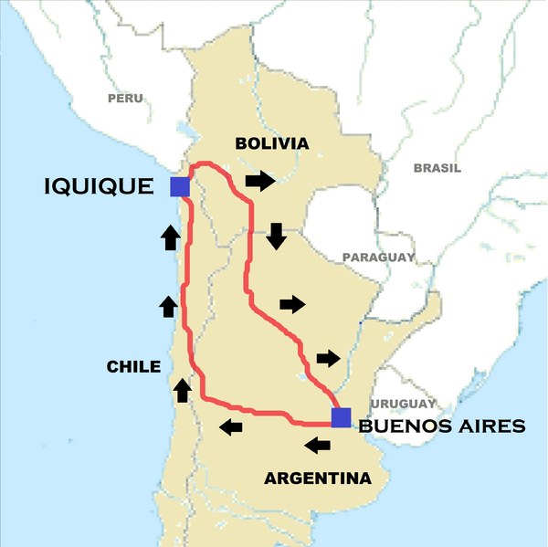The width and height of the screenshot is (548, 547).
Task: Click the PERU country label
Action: coord(125,98)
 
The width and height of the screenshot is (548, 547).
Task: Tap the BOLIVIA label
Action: coord(272,143)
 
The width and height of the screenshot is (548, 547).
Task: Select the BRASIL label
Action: coord(437,168)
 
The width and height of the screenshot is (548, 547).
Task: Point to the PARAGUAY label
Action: coord(378,258)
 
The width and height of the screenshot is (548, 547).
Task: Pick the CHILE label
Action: coord(133,367)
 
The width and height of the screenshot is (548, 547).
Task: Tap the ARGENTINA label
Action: coord(318,478)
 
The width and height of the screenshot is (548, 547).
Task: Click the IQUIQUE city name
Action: coord(100,187)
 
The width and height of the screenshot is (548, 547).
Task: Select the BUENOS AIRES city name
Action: coord(442,426)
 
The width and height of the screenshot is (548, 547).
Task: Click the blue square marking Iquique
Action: coord(179,186)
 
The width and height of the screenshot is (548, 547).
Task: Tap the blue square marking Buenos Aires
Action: coord(341,417)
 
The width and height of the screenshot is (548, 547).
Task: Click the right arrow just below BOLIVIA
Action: coord(260,181)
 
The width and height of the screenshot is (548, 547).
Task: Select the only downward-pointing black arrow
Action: coord(276,237)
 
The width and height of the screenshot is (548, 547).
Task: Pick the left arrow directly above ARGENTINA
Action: coord(318,446)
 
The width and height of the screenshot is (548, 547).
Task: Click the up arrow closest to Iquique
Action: coord(170,238)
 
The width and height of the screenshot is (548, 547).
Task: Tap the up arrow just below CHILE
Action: coord(183,390)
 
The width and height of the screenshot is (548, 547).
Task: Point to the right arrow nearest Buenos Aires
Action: coord(328,357)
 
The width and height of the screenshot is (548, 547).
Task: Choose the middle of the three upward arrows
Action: coord(168,306)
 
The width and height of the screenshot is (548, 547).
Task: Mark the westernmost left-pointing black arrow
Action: coord(231,426)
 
